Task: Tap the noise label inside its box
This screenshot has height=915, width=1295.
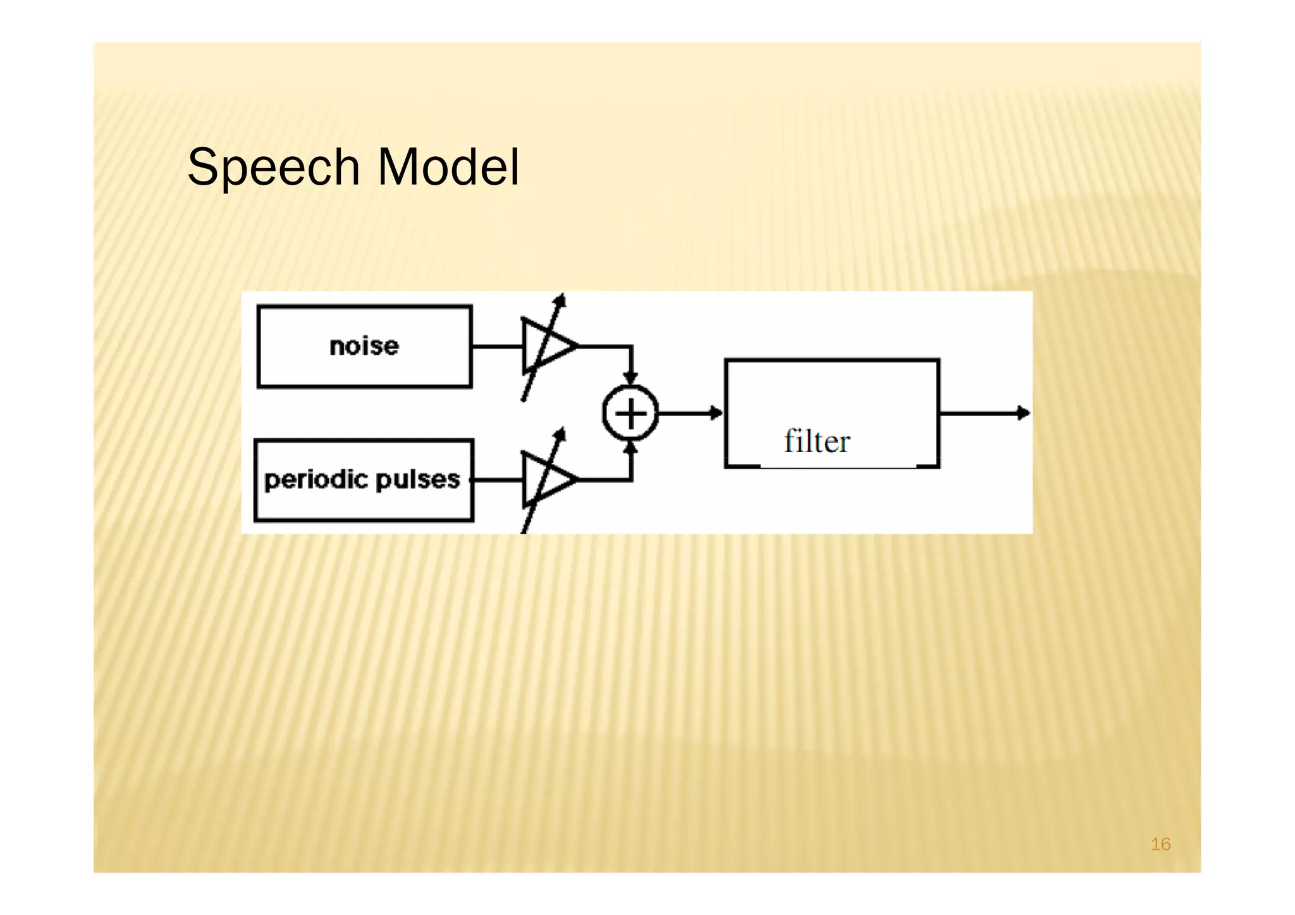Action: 364,347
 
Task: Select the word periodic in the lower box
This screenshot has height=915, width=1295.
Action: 312,480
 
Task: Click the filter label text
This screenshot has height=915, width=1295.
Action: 817,441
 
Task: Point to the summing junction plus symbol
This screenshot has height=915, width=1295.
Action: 630,414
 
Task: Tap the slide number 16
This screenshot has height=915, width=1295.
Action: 1160,844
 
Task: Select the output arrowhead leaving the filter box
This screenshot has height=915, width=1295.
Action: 1024,413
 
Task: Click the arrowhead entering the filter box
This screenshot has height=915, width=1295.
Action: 716,413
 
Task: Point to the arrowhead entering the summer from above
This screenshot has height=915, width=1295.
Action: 630,378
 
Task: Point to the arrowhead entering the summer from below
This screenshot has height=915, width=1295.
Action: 630,448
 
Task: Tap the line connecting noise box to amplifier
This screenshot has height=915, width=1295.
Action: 497,347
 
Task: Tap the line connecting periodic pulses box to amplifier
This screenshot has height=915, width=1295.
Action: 498,480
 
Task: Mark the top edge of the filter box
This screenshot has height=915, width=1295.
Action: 832,360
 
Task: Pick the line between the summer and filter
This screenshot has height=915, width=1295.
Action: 686,413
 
